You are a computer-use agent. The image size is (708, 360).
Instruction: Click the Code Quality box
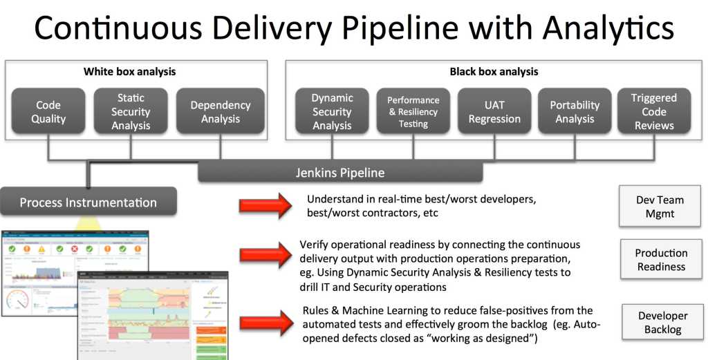[x=48, y=112]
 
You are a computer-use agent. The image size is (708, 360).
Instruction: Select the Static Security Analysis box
[x=131, y=112]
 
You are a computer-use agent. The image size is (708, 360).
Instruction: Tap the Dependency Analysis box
[x=220, y=112]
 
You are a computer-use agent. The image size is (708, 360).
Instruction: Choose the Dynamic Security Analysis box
[x=332, y=112]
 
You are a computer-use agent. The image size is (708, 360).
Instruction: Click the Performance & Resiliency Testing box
[x=412, y=112]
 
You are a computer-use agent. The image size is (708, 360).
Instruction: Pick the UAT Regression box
[x=494, y=112]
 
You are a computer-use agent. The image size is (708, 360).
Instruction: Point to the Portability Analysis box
[x=575, y=112]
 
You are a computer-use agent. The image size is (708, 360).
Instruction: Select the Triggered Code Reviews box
[x=653, y=112]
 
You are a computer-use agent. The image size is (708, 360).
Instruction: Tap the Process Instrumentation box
[x=88, y=202]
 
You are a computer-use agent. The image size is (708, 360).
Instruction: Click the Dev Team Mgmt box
[x=660, y=207]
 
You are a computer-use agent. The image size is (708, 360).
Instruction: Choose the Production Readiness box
[x=661, y=260]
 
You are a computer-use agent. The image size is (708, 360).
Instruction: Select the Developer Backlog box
[x=662, y=322]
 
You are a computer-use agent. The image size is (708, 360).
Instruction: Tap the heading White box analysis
[x=129, y=72]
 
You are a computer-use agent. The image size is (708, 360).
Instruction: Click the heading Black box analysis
[x=494, y=72]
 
